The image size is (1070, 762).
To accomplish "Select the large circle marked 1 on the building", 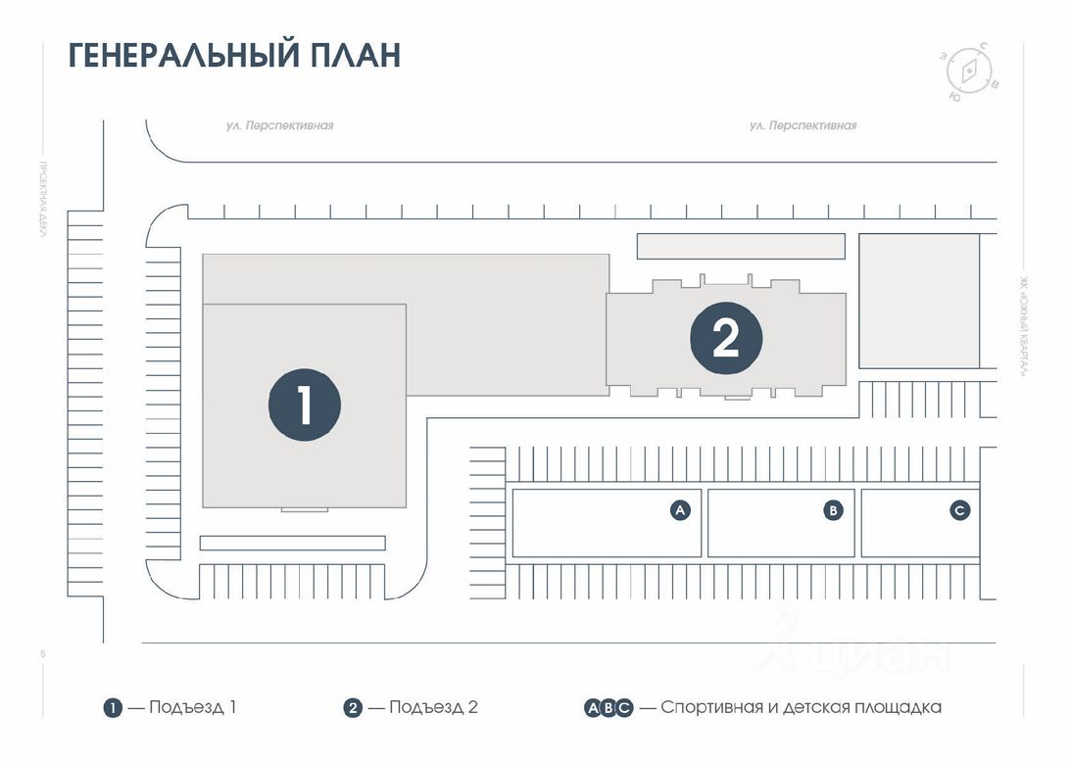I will click(305, 405).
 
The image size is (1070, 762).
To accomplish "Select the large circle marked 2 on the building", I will click(726, 338).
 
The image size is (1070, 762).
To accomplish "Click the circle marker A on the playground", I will click(681, 509).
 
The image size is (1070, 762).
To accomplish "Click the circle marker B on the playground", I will click(833, 509).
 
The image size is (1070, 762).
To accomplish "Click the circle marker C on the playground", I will click(960, 509).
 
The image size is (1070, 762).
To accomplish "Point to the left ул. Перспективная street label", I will click(279, 125).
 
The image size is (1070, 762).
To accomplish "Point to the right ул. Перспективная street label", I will click(802, 125).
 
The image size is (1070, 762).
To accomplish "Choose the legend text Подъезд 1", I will click(192, 707).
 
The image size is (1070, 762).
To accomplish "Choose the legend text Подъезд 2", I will click(433, 707).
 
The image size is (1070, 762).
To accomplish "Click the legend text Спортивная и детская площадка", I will click(801, 707).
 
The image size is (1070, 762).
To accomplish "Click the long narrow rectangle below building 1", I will click(292, 543).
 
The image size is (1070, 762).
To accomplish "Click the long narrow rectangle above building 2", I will click(741, 246).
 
